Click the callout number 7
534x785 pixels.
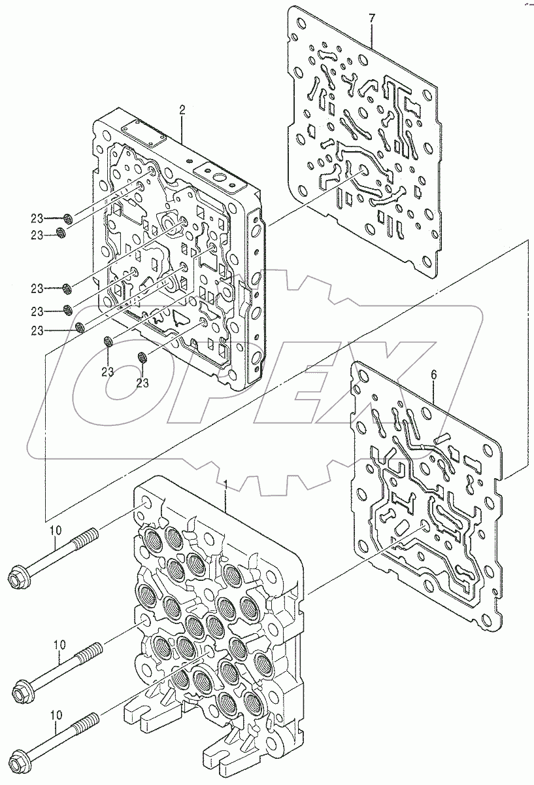[372, 18]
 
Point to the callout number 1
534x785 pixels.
[225, 485]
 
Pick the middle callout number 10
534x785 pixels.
[59, 644]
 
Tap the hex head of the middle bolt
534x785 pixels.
[24, 689]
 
